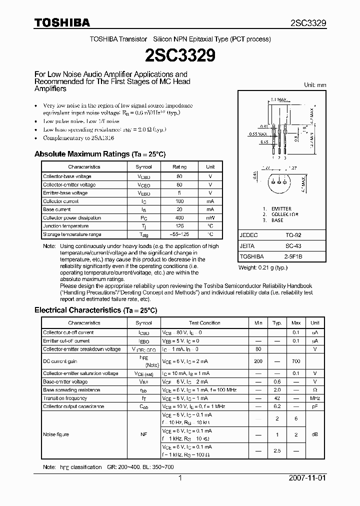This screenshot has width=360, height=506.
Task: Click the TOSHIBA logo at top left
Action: (62, 22)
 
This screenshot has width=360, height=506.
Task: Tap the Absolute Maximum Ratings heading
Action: (99, 154)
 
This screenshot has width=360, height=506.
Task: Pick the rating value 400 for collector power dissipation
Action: (180, 218)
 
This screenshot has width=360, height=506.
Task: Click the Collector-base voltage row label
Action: (67, 176)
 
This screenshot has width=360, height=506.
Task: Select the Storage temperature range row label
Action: (72, 234)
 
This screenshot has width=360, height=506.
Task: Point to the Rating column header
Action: (180, 167)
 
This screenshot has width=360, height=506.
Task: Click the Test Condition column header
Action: (204, 323)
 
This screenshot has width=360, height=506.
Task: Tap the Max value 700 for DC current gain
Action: (296, 361)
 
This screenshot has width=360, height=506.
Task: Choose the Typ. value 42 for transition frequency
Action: (277, 398)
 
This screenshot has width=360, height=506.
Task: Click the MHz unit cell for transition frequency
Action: (315, 398)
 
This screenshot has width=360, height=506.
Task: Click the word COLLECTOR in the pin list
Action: (285, 214)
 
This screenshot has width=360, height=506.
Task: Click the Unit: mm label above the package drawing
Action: (315, 85)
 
